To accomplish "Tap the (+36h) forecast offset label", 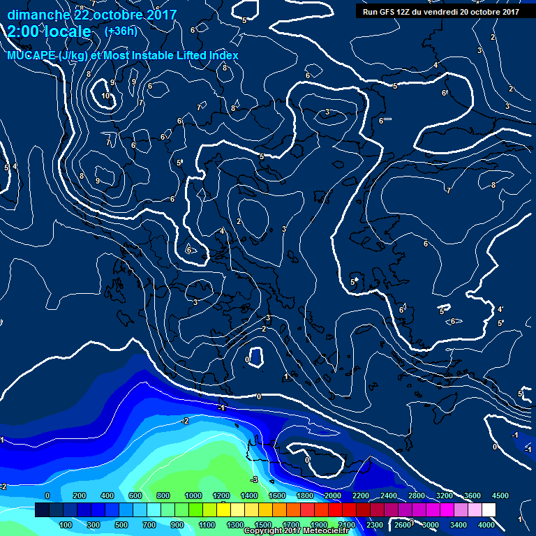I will click(121, 31).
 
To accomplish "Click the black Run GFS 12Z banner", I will click(441, 11).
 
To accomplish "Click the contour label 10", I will click(105, 96).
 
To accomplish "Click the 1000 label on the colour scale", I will click(193, 496).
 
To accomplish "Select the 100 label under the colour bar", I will click(66, 525).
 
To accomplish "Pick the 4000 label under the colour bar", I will click(487, 525).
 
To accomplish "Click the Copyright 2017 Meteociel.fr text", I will click(297, 531).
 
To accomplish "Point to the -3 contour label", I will click(255, 479).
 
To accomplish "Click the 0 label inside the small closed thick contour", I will click(248, 359).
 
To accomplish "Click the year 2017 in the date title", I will click(158, 15).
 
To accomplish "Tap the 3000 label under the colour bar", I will click(431, 525).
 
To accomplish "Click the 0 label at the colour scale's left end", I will click(47, 496).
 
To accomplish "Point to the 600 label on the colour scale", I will click(136, 496).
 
